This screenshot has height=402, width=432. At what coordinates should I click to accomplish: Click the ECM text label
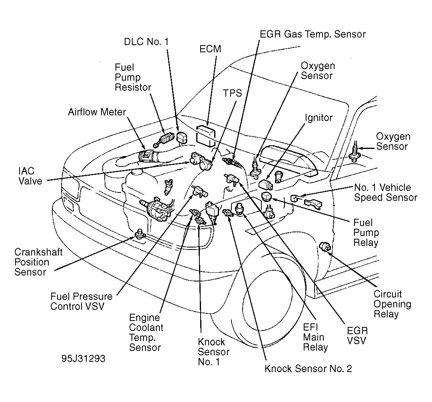tap(210, 49)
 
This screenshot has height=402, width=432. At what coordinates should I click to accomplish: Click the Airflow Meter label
tap(97, 113)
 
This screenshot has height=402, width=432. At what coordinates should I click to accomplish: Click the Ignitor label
tap(319, 118)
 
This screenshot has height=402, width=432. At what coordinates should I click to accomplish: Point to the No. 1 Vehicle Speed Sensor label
tap(385, 192)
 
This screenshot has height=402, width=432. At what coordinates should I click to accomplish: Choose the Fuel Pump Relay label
tap(366, 232)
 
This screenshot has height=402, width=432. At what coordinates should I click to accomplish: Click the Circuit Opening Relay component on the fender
tap(326, 249)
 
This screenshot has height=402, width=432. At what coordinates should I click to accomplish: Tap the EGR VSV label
tap(357, 335)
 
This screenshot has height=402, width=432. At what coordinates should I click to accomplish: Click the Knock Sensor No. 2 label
tap(308, 368)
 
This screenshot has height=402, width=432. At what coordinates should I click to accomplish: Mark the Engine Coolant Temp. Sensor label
tap(146, 333)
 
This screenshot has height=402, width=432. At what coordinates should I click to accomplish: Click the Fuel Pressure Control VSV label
tap(81, 302)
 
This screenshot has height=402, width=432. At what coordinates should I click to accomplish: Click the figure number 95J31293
tap(83, 358)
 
